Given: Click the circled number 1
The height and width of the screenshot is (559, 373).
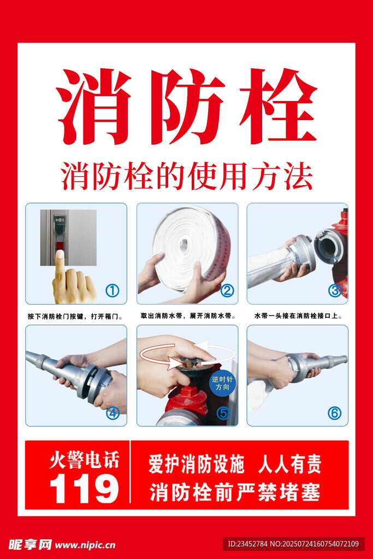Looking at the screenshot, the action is [x=113, y=291].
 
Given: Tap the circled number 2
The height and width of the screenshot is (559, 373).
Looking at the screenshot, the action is [x=227, y=291].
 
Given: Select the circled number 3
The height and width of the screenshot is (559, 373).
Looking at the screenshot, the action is [x=335, y=290].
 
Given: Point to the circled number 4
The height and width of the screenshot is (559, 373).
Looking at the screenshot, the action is [x=113, y=413].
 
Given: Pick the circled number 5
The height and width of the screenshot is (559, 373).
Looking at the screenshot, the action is [x=223, y=413].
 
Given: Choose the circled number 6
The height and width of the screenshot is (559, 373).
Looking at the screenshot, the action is [x=334, y=413].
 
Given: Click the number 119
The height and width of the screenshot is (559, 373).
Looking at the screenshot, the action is [x=84, y=489].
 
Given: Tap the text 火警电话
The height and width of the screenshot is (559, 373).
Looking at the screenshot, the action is [x=84, y=460].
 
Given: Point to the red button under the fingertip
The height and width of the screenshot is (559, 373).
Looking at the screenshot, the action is [x=60, y=246].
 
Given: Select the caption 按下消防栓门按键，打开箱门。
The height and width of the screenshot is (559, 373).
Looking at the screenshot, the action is [x=75, y=316].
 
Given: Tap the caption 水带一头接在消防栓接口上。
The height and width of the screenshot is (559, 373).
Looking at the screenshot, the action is [x=299, y=316].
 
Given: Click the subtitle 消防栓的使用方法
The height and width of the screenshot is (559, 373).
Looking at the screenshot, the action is [x=187, y=176].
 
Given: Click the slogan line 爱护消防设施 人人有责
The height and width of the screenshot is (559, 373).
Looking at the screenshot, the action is [x=235, y=464].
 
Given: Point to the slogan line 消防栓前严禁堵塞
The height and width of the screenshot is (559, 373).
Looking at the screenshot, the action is [x=235, y=492].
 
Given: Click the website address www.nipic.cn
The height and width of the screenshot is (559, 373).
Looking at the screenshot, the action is [x=85, y=545].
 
